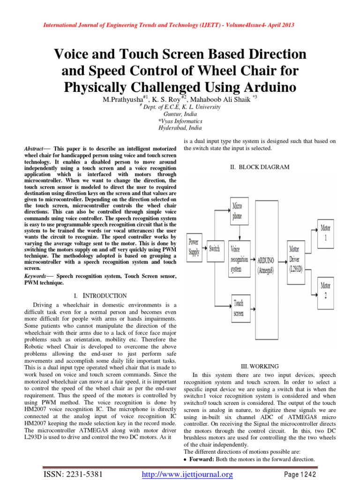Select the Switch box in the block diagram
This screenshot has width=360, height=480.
coord(214,248)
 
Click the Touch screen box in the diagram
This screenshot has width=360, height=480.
coord(239,308)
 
